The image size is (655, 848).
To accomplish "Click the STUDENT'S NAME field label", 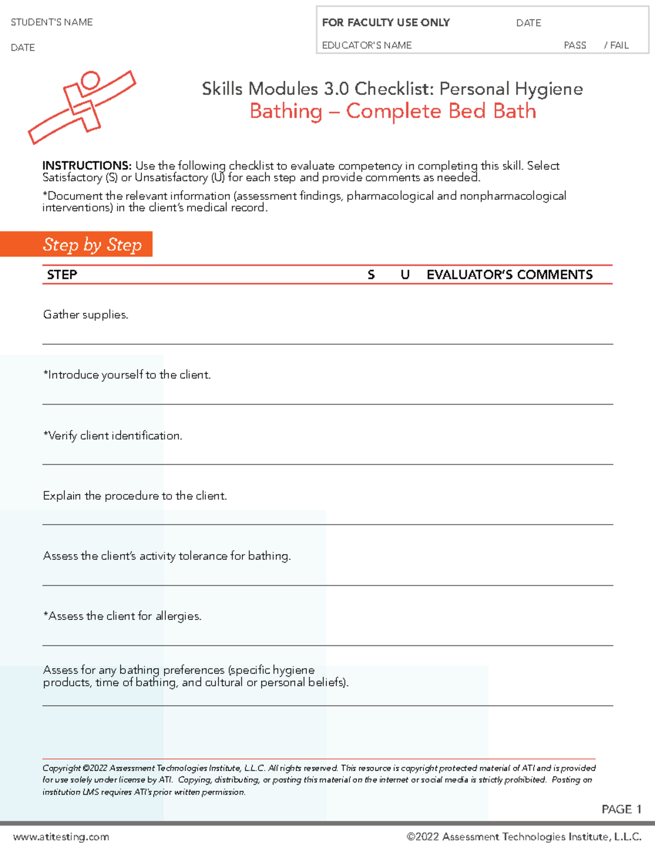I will (52, 22).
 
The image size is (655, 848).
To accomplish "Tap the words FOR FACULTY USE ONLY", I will (385, 22).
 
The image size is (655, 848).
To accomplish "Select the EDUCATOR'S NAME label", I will (367, 45).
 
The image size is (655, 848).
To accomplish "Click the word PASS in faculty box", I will (575, 45).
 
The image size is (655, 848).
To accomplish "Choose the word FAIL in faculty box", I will (619, 45).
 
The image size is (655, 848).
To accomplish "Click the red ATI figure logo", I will (82, 106).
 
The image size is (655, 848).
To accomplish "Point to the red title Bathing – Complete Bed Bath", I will (392, 111).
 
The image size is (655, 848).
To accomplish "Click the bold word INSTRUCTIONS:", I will (87, 165).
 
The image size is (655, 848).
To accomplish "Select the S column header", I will (371, 275).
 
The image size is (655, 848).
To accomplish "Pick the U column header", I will (405, 275).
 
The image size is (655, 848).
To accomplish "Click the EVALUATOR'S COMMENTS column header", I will (509, 275).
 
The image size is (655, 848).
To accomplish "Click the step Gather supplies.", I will (86, 315).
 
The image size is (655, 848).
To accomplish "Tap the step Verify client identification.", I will (113, 436).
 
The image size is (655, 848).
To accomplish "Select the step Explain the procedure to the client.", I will (135, 496).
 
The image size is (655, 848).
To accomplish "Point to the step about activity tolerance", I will (167, 556).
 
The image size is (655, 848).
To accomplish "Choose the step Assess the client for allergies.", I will (123, 616).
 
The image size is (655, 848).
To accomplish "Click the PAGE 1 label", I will (621, 809).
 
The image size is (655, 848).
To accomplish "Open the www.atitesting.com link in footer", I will (61, 837).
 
